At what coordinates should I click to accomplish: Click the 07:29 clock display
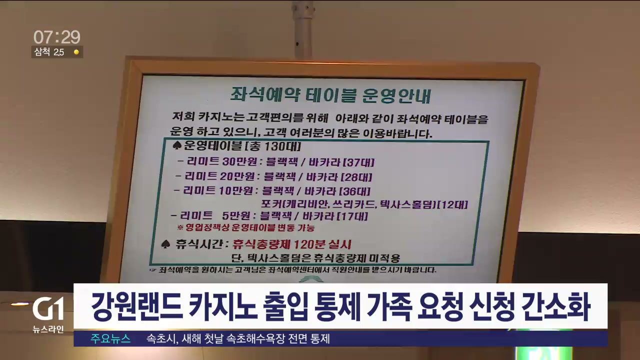pyautogui.click(x=57, y=37)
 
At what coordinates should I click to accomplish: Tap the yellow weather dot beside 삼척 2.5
pyautogui.click(x=76, y=52)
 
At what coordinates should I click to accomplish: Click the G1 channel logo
pyautogui.click(x=48, y=308)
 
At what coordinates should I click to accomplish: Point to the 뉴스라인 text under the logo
pyautogui.click(x=48, y=329)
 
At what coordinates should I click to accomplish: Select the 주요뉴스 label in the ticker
pyautogui.click(x=110, y=339)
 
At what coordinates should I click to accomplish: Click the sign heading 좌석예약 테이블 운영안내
pyautogui.click(x=331, y=95)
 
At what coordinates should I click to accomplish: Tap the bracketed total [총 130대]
pyautogui.click(x=273, y=146)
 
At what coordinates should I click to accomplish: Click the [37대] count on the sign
pyautogui.click(x=358, y=162)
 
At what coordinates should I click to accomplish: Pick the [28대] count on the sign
pyautogui.click(x=356, y=177)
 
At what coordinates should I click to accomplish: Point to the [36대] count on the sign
pyautogui.click(x=354, y=191)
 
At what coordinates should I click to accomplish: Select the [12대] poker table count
pyautogui.click(x=452, y=204)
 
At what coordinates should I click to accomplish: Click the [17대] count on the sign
pyautogui.click(x=352, y=216)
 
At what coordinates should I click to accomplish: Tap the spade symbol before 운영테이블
pyautogui.click(x=177, y=145)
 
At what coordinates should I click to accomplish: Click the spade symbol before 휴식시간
pyautogui.click(x=165, y=244)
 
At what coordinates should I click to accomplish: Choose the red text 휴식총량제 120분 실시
pyautogui.click(x=292, y=244)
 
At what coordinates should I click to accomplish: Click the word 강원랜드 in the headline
pyautogui.click(x=137, y=306)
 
